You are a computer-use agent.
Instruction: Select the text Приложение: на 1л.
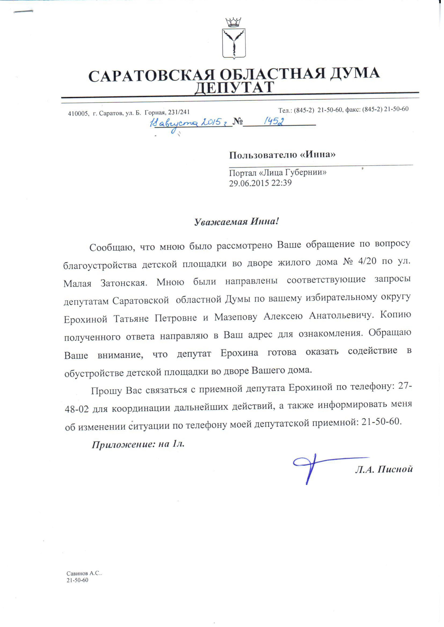pos(138,445)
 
